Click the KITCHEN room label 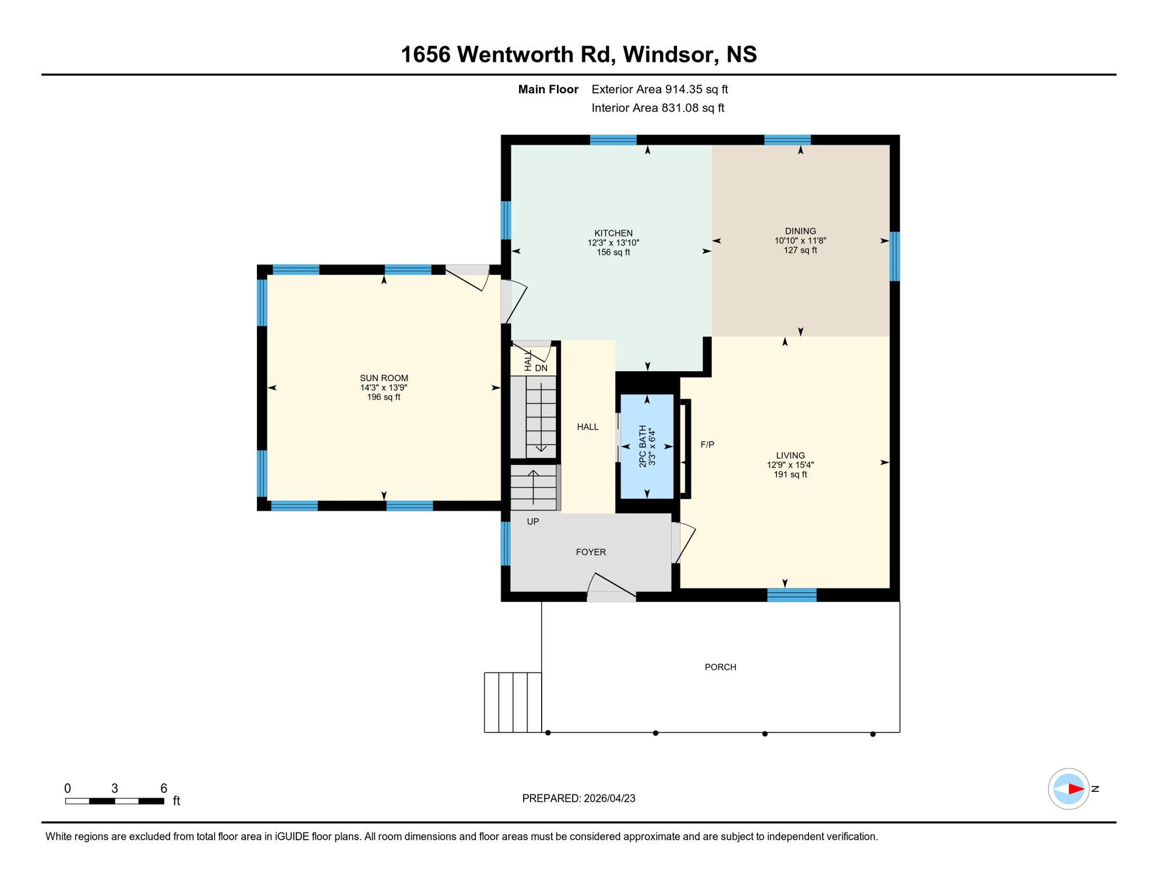[613, 233]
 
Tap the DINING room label [800, 231]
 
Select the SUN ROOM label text [384, 378]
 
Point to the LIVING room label [790, 456]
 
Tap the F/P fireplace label [707, 445]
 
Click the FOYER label [591, 552]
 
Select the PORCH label [720, 667]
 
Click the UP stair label [532, 522]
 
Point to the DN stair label [541, 368]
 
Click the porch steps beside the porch [513, 702]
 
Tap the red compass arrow [1075, 789]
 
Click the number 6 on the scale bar [164, 788]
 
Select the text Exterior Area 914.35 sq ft [659, 89]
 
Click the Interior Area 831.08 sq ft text [658, 108]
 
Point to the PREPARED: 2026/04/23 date [578, 798]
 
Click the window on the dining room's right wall [895, 256]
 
